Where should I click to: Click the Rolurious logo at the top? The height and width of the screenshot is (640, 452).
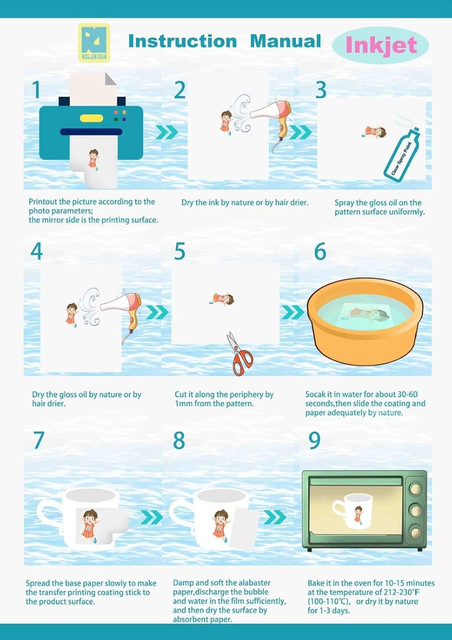(94, 42)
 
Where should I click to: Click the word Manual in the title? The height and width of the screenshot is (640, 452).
(285, 41)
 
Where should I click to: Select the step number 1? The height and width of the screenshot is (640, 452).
(36, 90)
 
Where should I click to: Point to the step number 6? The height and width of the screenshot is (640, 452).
(320, 251)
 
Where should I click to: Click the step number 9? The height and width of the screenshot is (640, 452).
(315, 440)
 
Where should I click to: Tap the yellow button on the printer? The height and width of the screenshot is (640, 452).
(92, 118)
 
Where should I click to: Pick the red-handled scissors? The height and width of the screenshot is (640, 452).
(240, 354)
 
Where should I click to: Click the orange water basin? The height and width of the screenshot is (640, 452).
(365, 321)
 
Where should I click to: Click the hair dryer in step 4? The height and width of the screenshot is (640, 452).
(123, 313)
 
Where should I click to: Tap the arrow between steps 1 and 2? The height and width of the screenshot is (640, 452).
(167, 132)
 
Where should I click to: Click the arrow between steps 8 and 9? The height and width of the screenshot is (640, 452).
(275, 517)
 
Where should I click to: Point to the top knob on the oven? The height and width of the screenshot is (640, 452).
(416, 488)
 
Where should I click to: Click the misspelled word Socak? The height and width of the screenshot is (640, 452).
(315, 394)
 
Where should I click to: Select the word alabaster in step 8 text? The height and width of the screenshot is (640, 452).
(254, 583)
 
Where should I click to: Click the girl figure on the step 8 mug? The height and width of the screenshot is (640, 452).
(221, 526)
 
